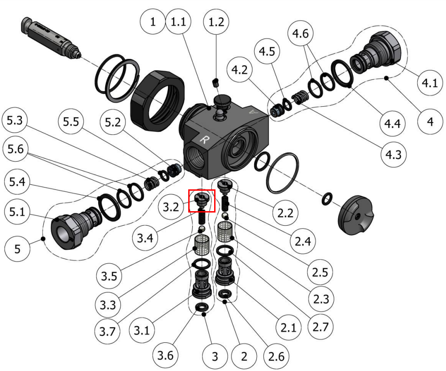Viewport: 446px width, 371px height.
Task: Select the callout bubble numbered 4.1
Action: pyautogui.click(x=429, y=83)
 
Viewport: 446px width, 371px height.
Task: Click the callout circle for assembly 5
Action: pyautogui.click(x=17, y=249)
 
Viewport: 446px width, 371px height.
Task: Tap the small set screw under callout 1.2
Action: pyautogui.click(x=216, y=82)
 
